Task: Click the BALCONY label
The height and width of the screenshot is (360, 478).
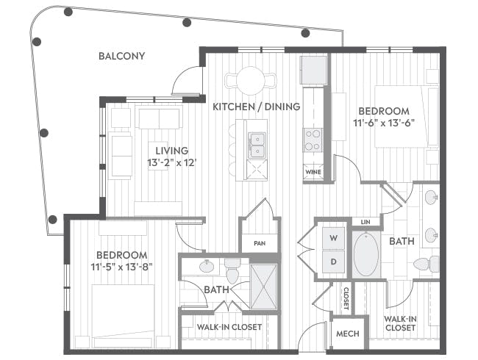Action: (x=121, y=56)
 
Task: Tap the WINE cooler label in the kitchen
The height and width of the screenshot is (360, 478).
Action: (x=313, y=172)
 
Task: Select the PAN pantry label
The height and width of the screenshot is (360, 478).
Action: (x=260, y=243)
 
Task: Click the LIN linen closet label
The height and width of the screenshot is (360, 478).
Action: (x=365, y=222)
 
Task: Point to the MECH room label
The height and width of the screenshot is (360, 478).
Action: (x=348, y=334)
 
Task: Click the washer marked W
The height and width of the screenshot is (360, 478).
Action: (x=334, y=238)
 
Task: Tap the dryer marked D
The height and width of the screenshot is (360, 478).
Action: (x=334, y=262)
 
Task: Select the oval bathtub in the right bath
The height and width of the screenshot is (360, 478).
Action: (x=365, y=254)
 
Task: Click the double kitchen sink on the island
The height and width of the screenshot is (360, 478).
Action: (x=257, y=145)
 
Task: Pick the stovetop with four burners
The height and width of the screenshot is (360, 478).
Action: (x=313, y=140)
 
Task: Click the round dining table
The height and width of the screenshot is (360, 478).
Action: (x=251, y=81)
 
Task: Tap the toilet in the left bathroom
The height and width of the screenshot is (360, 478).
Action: (x=232, y=270)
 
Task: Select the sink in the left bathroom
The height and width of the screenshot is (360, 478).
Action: (x=207, y=266)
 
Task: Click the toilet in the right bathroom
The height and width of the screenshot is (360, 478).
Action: (x=427, y=264)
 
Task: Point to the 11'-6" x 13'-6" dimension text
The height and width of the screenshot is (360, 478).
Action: (x=384, y=123)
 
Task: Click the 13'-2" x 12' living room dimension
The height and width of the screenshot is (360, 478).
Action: (x=171, y=162)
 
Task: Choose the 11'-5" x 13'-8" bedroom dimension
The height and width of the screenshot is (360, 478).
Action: (x=121, y=267)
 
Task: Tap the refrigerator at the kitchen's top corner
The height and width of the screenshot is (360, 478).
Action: (x=313, y=70)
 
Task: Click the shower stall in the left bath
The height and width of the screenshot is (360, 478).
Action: (x=264, y=287)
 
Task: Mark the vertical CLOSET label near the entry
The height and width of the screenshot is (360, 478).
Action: (x=346, y=298)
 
